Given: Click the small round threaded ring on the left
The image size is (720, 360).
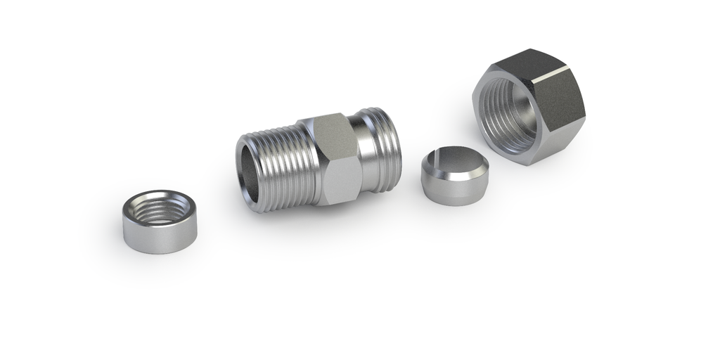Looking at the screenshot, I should coord(160,221).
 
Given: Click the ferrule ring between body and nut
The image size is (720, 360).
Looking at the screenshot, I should coord(454,176).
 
